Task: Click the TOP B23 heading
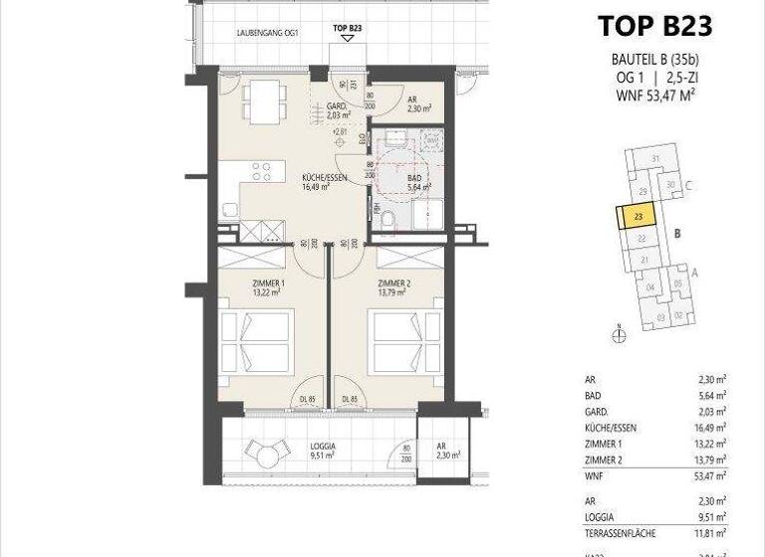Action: tap(654, 27)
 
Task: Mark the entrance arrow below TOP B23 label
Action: tap(346, 40)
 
